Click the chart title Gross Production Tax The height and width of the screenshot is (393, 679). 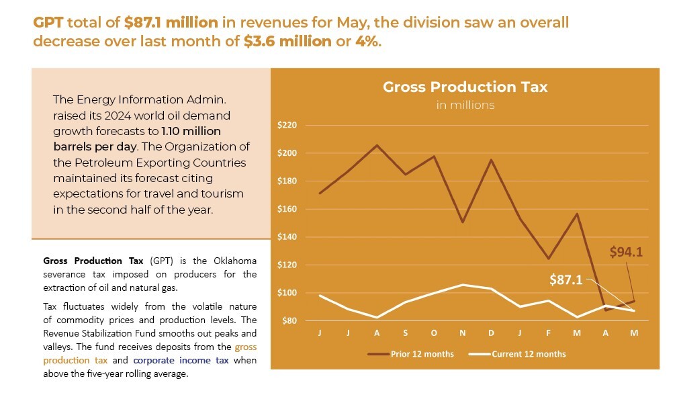pyautogui.click(x=465, y=87)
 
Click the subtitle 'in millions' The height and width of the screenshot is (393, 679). pyautogui.click(x=465, y=105)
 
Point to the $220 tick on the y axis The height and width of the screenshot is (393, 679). pyautogui.click(x=287, y=126)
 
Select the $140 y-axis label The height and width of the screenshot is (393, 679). pyautogui.click(x=287, y=237)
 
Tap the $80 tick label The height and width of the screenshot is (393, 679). pyautogui.click(x=289, y=321)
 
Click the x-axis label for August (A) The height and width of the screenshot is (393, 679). pyautogui.click(x=376, y=333)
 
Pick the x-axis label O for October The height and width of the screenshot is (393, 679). pyautogui.click(x=434, y=333)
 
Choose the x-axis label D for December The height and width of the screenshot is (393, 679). pyautogui.click(x=491, y=333)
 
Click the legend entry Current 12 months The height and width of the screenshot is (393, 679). pyautogui.click(x=529, y=354)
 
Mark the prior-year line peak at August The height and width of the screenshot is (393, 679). pyautogui.click(x=377, y=145)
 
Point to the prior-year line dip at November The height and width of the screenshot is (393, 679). pyautogui.click(x=463, y=222)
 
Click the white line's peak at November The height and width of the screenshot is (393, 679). pyautogui.click(x=463, y=285)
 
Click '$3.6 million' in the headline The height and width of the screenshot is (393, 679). pyautogui.click(x=287, y=41)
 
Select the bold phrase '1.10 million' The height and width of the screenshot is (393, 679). pyautogui.click(x=191, y=131)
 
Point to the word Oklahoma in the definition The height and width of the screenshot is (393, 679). pyautogui.click(x=235, y=261)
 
